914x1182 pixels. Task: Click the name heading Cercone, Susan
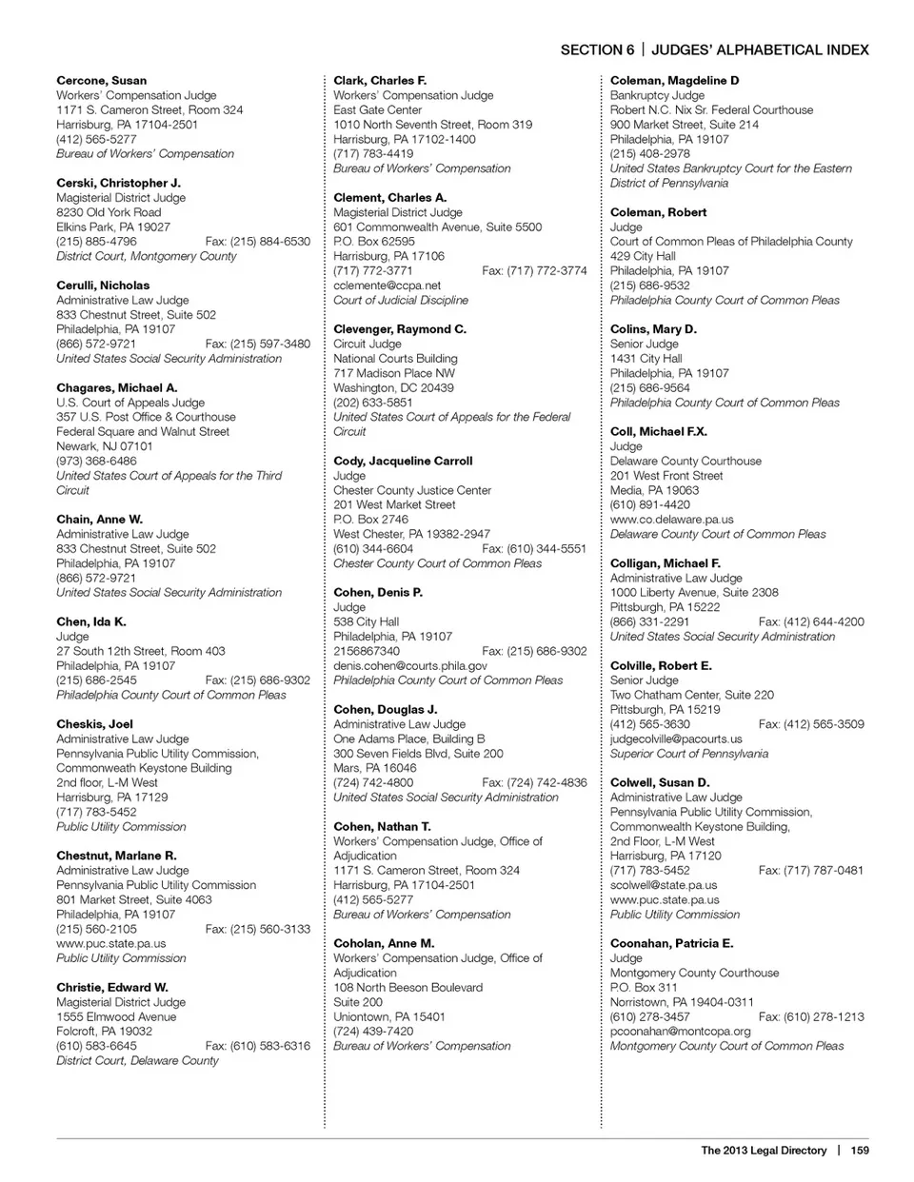point(101,81)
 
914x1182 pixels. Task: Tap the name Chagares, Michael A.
point(116,388)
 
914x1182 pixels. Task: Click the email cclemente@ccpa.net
point(387,286)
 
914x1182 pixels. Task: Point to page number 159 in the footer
point(860,1151)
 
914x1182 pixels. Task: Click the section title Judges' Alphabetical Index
point(760,50)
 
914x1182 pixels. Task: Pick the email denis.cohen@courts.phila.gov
point(409,666)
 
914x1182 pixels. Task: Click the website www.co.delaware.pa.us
point(671,520)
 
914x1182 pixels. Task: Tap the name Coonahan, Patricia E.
point(671,944)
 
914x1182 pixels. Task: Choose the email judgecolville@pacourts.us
point(676,739)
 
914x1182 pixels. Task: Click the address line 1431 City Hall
point(646,359)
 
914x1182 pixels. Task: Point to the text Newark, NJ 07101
point(104,446)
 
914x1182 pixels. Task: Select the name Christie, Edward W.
point(111,988)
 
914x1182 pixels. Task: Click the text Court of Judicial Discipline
point(400,301)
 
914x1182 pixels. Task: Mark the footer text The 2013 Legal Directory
point(764,1151)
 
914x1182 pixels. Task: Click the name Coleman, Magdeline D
point(674,81)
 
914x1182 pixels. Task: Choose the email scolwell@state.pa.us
point(664,885)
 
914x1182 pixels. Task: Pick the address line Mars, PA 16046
point(374,768)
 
